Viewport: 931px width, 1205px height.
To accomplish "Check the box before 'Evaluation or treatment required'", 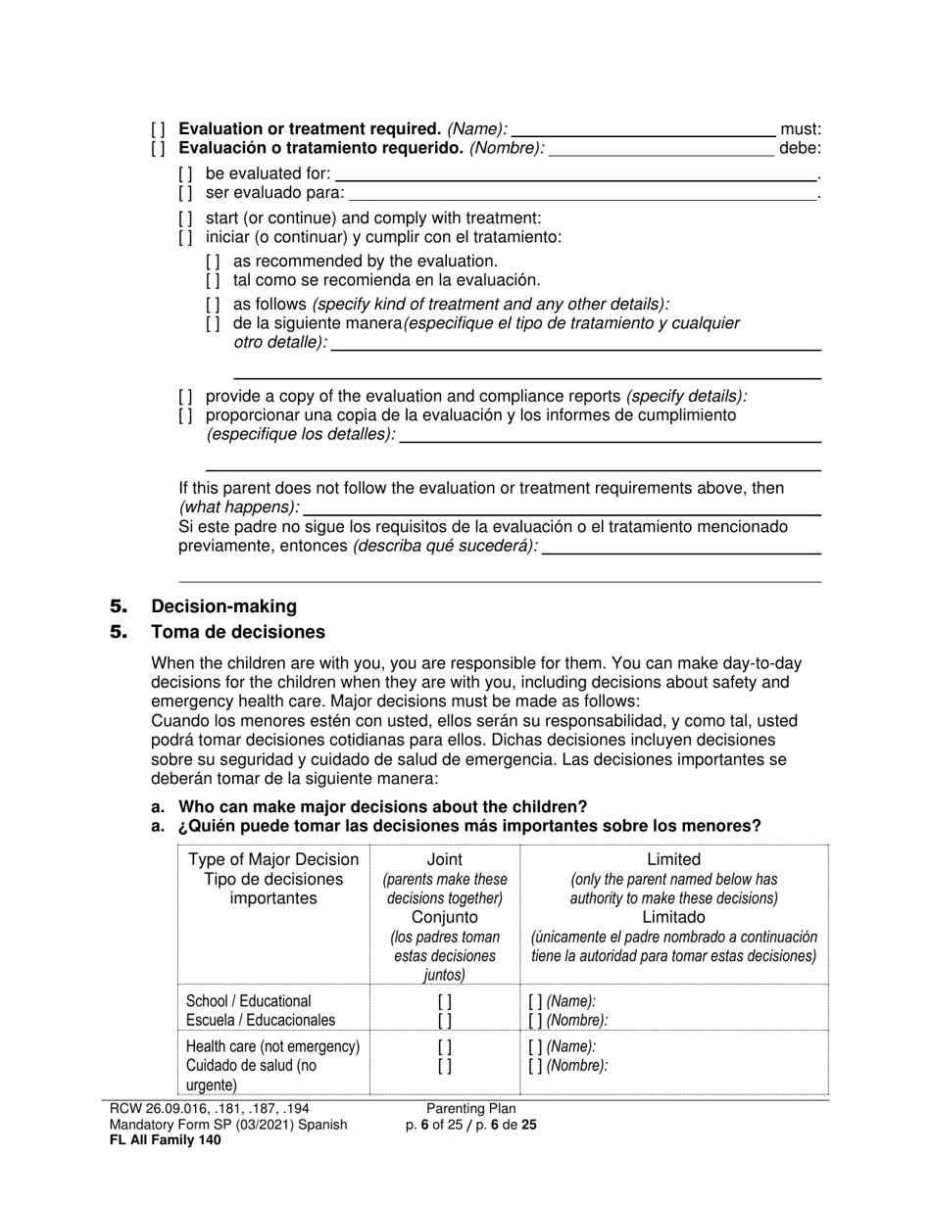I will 158,129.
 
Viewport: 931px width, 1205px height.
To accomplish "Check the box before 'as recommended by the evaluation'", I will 213,262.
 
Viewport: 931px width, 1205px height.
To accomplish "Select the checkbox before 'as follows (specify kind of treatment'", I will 213,305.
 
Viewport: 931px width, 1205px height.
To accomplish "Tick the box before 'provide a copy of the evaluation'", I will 185,397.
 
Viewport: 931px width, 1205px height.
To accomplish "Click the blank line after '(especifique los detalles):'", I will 610,438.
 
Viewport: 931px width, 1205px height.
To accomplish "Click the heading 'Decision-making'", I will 223,606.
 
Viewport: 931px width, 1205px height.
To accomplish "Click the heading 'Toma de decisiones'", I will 238,632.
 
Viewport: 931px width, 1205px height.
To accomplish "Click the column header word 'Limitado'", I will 673,917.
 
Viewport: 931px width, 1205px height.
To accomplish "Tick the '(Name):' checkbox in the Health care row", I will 534,1046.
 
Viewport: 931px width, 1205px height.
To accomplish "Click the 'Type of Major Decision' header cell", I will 273,860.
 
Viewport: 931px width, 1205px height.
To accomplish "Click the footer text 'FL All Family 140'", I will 166,1139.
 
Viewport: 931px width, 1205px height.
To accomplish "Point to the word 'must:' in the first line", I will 800,129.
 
